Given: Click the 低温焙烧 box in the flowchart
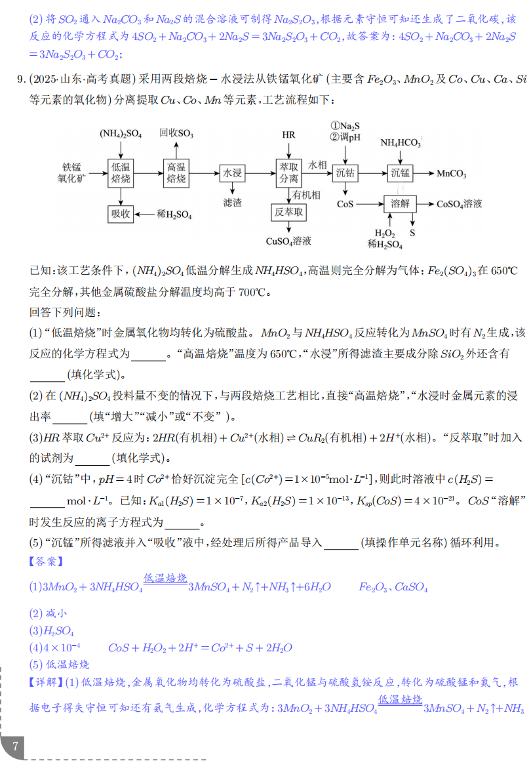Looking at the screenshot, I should [121, 173].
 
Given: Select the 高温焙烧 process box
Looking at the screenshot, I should [176, 173].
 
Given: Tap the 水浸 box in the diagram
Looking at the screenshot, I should [233, 173].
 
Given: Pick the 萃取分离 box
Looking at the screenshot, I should [288, 173].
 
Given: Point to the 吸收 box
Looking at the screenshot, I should [121, 214].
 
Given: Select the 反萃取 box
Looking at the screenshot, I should [288, 212].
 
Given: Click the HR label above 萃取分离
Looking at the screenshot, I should [288, 135].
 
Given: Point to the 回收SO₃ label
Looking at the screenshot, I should [176, 133].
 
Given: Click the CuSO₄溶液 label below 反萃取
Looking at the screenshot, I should [288, 241].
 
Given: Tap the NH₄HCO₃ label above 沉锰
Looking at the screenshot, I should [401, 142].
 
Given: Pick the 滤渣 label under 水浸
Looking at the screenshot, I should [233, 203].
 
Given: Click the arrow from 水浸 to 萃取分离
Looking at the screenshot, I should [260, 173].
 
